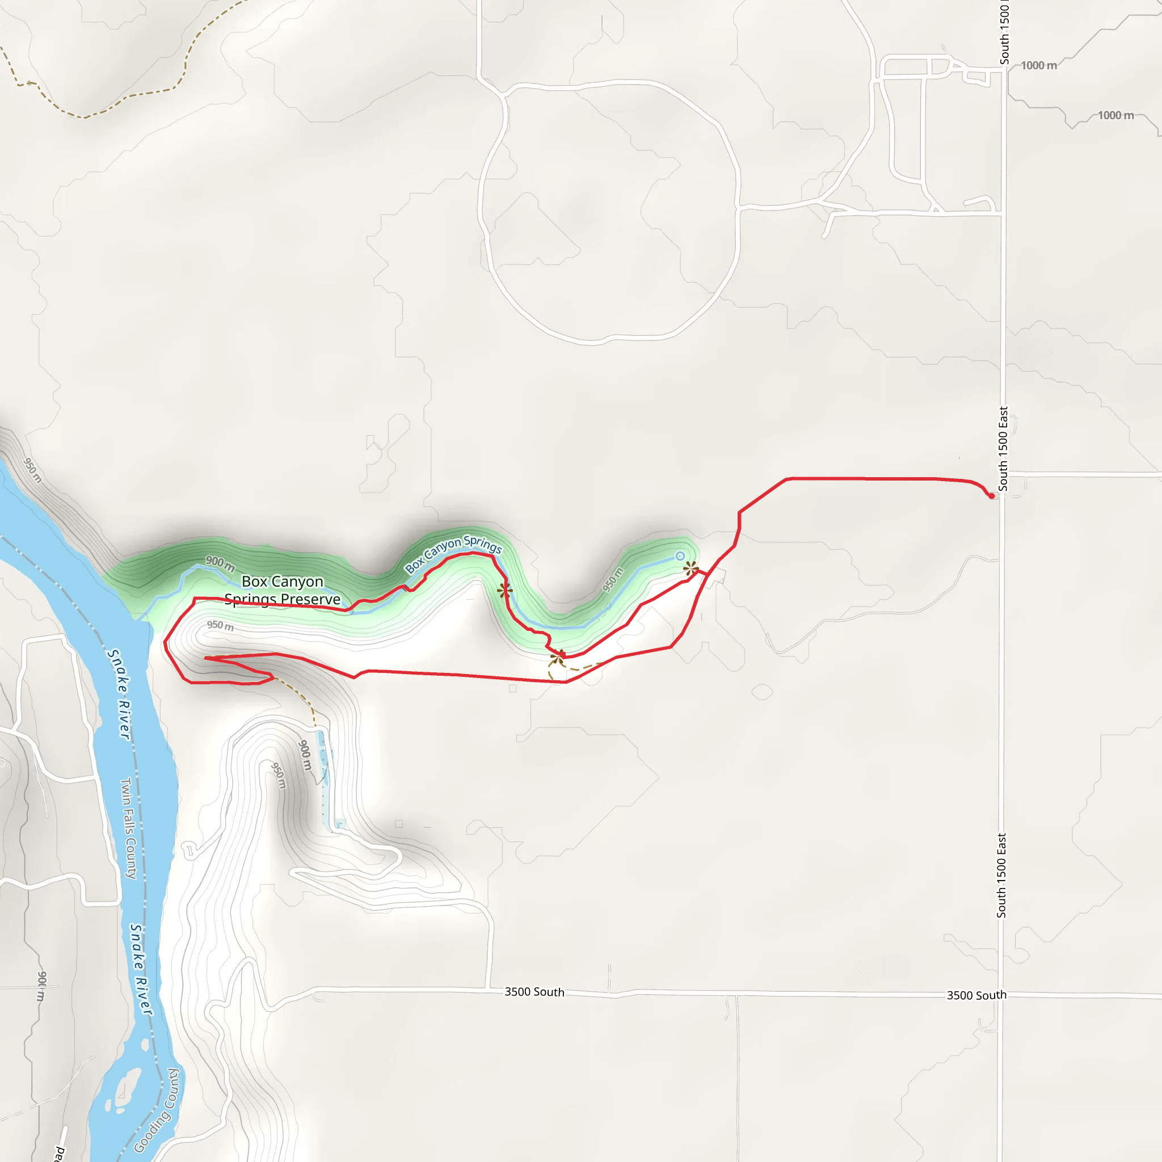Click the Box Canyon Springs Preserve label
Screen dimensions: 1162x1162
(x=282, y=590)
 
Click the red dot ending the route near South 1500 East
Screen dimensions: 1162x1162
(x=991, y=496)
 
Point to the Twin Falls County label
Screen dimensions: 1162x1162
(x=129, y=828)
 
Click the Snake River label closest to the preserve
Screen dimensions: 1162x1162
(x=119, y=693)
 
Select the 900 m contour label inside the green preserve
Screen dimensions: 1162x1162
(x=220, y=563)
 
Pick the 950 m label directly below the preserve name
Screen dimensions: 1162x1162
(x=220, y=625)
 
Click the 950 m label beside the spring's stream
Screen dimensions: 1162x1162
(x=613, y=579)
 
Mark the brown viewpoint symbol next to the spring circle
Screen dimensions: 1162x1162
(x=691, y=568)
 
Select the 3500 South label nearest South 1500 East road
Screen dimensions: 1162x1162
(x=976, y=995)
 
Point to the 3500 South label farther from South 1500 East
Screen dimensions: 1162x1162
(x=534, y=992)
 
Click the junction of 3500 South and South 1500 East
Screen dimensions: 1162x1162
(x=1001, y=996)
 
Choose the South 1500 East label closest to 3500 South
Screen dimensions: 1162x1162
(x=1001, y=875)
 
